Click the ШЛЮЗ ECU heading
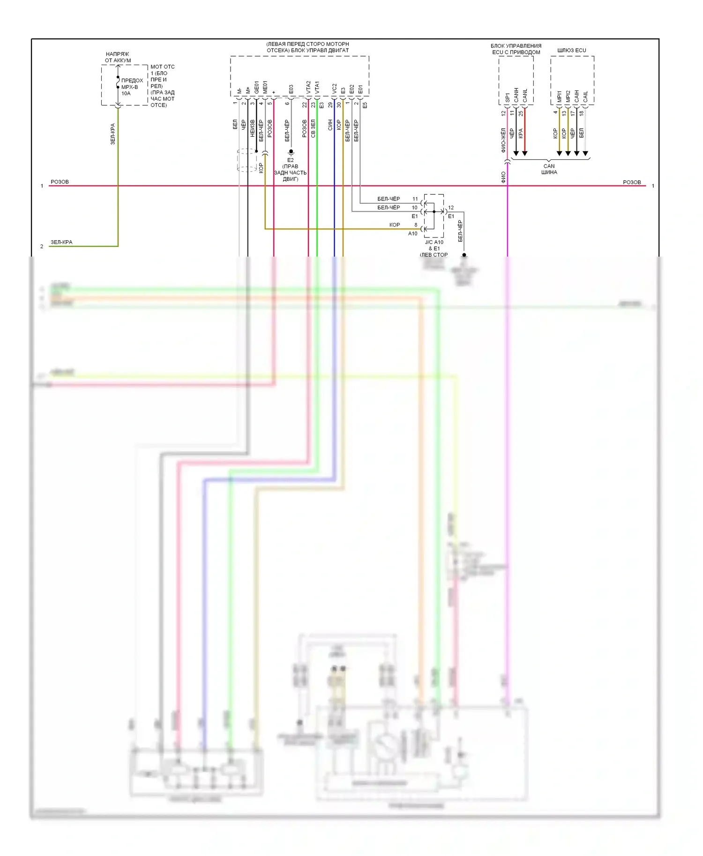[571, 50]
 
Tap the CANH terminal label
[516, 95]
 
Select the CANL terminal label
[525, 96]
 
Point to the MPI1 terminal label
[559, 96]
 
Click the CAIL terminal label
[585, 96]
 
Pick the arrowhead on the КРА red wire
[525, 153]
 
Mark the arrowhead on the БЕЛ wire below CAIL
[585, 153]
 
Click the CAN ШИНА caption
[549, 169]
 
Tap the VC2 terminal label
[334, 88]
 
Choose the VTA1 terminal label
[317, 87]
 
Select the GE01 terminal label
[256, 87]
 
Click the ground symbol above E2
[291, 152]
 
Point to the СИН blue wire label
[330, 125]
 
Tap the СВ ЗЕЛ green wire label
[313, 128]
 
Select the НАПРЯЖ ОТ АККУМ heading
[118, 57]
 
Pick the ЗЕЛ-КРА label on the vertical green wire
[112, 134]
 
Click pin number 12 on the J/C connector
[451, 207]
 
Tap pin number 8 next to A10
[416, 225]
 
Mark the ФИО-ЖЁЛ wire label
[503, 140]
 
